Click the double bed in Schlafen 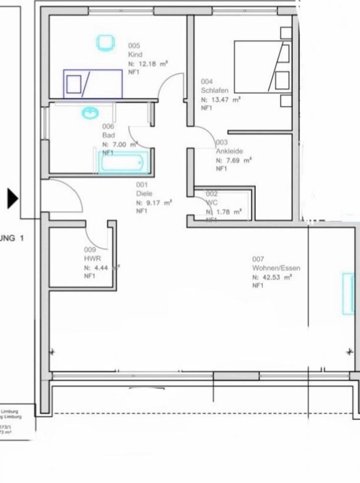pos(262,66)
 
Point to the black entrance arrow pos(12,198)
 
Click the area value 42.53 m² pos(272,277)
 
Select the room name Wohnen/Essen pos(272,268)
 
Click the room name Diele pos(144,193)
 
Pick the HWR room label pos(90,258)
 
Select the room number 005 pos(134,45)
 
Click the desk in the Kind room pos(93,84)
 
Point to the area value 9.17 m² pos(154,202)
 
